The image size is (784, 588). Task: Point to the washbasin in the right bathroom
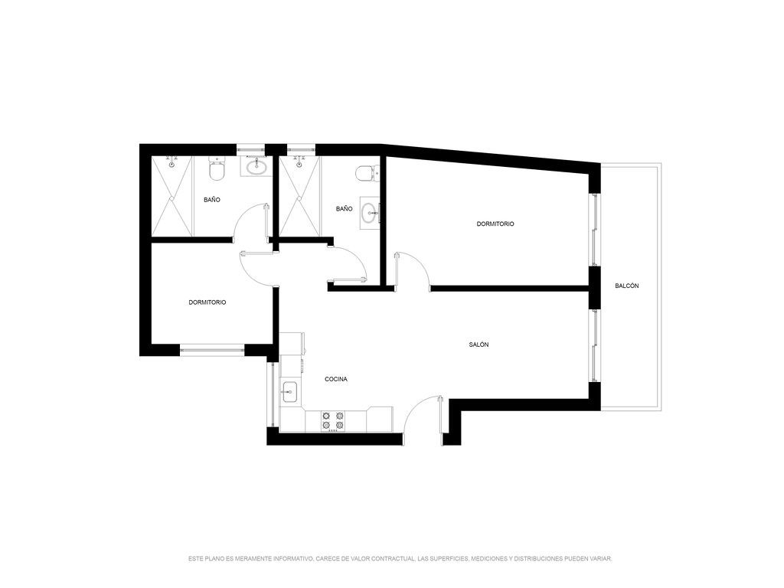[371, 214]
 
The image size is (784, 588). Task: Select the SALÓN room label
[479, 345]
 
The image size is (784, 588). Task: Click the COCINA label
[336, 379]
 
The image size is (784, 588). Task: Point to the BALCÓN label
[626, 286]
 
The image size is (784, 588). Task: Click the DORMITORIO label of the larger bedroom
[495, 224]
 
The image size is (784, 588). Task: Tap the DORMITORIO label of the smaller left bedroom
[207, 302]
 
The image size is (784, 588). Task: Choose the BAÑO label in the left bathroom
[212, 200]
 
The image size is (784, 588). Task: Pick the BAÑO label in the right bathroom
[344, 208]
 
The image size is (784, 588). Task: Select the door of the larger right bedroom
[411, 270]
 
